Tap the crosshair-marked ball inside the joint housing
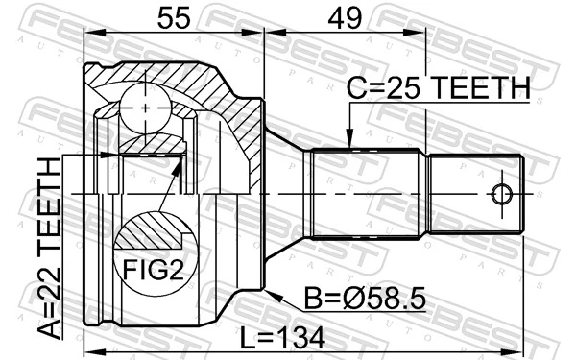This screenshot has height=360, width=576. click(x=145, y=108)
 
